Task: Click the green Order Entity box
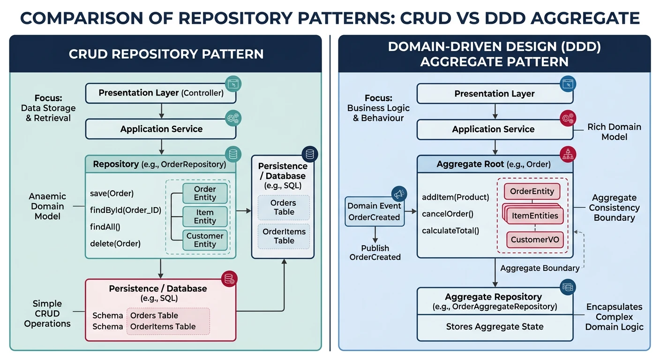[205, 193]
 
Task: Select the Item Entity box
[205, 217]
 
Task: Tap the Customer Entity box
[205, 240]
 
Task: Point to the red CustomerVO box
[534, 240]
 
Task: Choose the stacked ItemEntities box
[534, 215]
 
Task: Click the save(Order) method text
[112, 193]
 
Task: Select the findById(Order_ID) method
[125, 210]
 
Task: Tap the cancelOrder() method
[448, 214]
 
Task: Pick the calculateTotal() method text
[450, 231]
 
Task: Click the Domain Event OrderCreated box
[374, 211]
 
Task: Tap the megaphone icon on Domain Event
[398, 194]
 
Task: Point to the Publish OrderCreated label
[375, 253]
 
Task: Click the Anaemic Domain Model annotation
[47, 206]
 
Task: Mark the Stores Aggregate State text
[495, 327]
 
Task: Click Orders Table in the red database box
[154, 315]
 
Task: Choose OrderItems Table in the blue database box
[284, 236]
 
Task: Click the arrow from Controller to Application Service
[161, 111]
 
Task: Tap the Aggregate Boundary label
[540, 268]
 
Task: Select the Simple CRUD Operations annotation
[47, 314]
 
